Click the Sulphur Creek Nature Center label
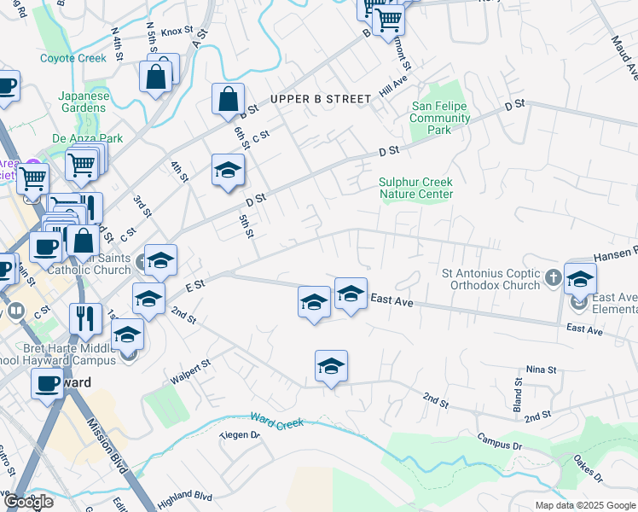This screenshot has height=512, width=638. pyautogui.click(x=415, y=188)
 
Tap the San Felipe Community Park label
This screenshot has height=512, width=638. pyautogui.click(x=440, y=118)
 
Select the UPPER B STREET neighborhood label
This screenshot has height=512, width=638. pyautogui.click(x=321, y=99)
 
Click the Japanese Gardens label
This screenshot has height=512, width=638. pyautogui.click(x=84, y=102)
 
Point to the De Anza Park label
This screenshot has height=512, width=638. pyautogui.click(x=87, y=138)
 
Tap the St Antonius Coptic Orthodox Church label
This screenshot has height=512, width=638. pyautogui.click(x=491, y=279)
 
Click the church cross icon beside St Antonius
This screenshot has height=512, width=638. pyautogui.click(x=553, y=277)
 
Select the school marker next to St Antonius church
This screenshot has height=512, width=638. pyautogui.click(x=580, y=280)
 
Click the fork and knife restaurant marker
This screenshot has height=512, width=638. pyautogui.click(x=84, y=320)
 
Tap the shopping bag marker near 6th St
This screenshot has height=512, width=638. pyautogui.click(x=229, y=100)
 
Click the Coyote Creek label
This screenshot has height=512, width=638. pyautogui.click(x=72, y=58)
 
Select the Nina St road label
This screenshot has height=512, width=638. pyautogui.click(x=541, y=369)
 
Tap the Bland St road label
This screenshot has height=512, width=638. pyautogui.click(x=517, y=393)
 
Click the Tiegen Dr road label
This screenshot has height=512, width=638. pyautogui.click(x=239, y=434)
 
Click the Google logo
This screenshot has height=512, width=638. pyautogui.click(x=28, y=502)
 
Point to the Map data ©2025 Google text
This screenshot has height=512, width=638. pyautogui.click(x=585, y=505)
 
